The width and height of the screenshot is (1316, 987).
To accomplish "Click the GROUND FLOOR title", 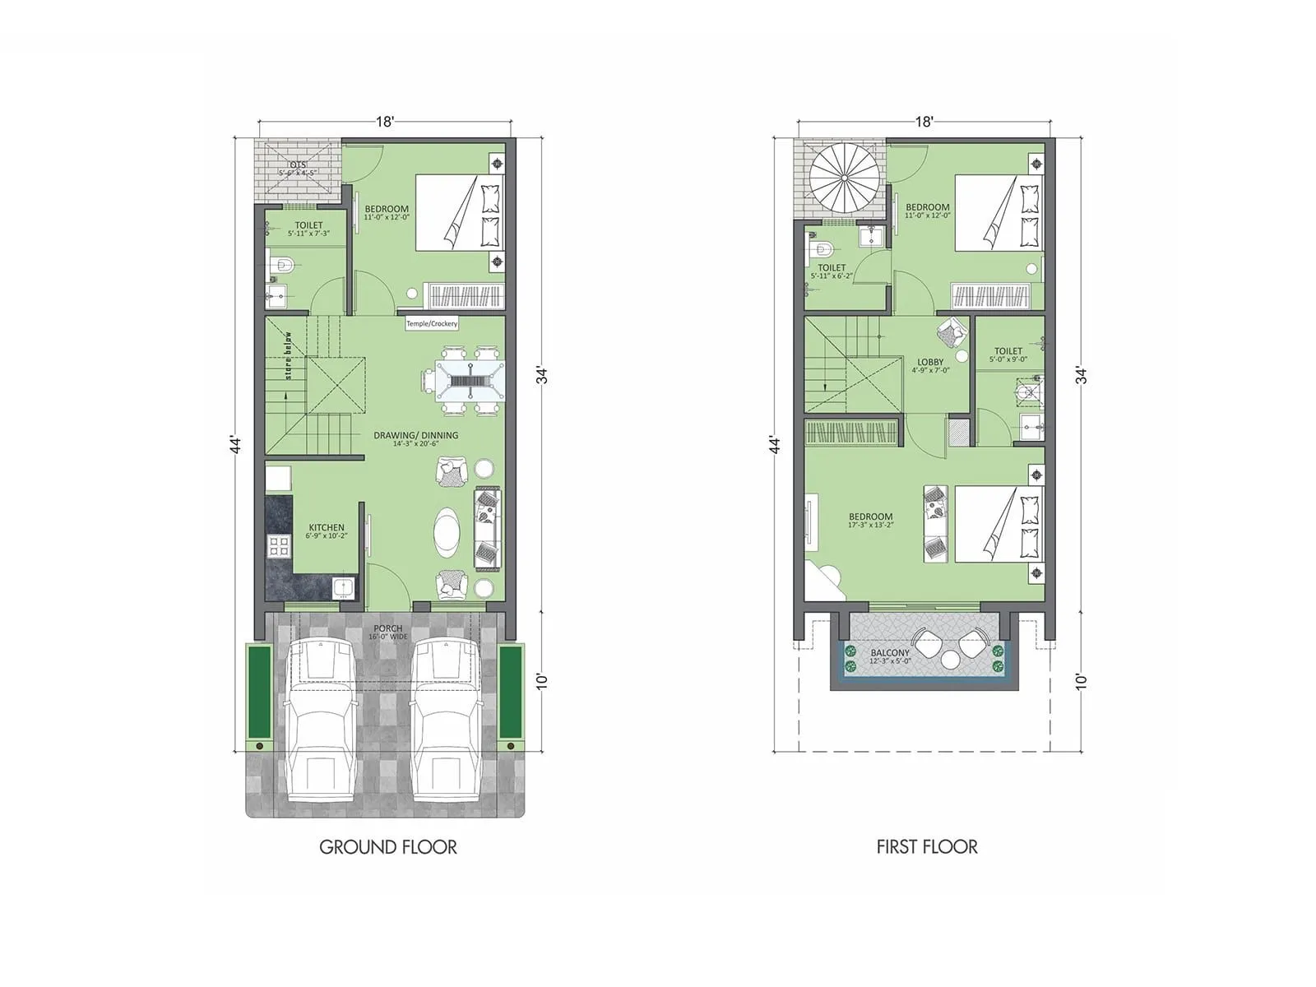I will (x=387, y=847).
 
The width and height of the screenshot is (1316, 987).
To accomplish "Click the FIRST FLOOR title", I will (x=927, y=847).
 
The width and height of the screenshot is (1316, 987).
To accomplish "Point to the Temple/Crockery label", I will (x=432, y=324).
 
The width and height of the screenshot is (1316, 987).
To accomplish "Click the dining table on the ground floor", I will (x=464, y=382).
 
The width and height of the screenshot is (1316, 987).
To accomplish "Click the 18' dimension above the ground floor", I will (x=385, y=122).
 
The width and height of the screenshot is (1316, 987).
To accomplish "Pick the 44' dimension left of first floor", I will (x=774, y=444).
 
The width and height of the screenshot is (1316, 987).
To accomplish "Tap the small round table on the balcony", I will (x=952, y=660).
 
